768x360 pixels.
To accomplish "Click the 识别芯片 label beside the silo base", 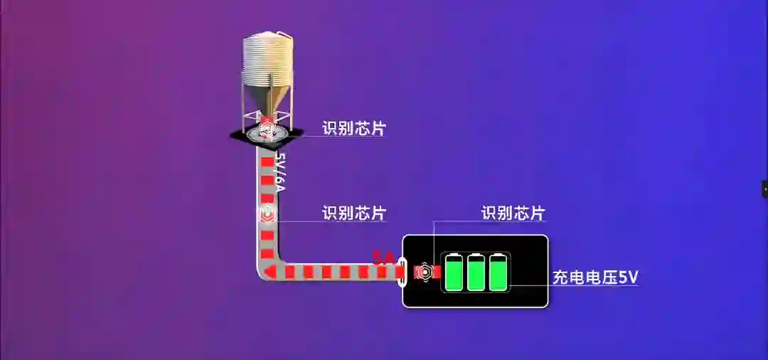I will pos(354,129).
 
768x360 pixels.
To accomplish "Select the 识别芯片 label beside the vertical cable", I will pos(354,213).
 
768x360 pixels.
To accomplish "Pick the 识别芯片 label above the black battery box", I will pos(513,213).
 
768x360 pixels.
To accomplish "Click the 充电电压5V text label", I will pos(595,277).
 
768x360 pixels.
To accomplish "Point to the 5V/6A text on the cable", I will pos(280,171).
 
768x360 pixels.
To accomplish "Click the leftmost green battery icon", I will pos(453,272).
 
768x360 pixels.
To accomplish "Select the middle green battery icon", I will pos(476,272).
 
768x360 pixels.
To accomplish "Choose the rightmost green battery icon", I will pos(498,272).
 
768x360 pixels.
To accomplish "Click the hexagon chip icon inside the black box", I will pos(424,272).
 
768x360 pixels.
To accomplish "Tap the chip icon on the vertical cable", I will pos(267,213).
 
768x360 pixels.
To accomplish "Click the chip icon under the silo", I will pos(267,128).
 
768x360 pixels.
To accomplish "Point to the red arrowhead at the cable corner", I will pos(270,272).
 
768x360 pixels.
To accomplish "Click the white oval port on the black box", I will pos(402,272).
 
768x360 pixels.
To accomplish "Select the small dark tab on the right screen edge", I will pos(764,189).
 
